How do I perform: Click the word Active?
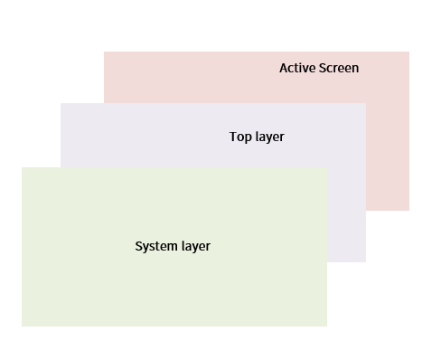[x=296, y=69]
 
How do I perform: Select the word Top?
[x=240, y=137]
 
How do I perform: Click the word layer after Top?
[x=269, y=137]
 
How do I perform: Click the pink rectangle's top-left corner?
[x=104, y=52]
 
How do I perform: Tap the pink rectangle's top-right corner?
[x=408, y=52]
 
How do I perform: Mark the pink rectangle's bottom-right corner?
[x=408, y=210]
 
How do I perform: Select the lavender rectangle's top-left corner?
[x=61, y=103]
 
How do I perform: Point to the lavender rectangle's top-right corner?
[x=365, y=103]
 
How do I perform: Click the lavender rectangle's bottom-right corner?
[x=365, y=261]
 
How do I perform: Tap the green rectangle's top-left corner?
[x=22, y=167]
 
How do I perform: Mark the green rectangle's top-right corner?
[x=326, y=167]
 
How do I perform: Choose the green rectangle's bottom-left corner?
[x=22, y=326]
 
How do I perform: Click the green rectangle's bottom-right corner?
[x=326, y=326]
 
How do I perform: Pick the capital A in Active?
[x=284, y=69]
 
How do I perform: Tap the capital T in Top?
[x=233, y=137]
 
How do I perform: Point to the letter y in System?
[x=145, y=248]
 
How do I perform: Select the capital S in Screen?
[x=321, y=69]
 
